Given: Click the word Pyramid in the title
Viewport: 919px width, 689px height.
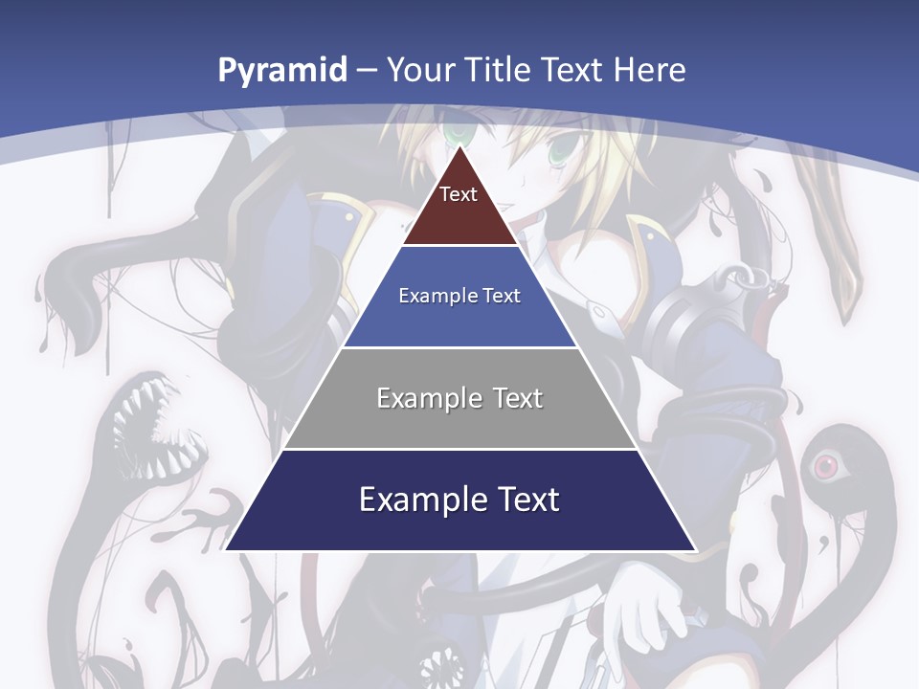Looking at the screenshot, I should point(282,70).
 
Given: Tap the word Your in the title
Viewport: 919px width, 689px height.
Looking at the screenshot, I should point(422,70).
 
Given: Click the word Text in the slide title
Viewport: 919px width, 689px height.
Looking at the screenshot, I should point(573,70).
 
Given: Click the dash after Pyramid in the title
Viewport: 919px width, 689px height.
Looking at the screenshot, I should point(367,71).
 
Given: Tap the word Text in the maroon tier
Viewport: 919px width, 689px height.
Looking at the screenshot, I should point(459,194).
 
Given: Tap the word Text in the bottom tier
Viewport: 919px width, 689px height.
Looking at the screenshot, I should point(526,500).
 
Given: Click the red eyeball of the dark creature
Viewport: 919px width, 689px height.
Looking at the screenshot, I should point(824,467).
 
